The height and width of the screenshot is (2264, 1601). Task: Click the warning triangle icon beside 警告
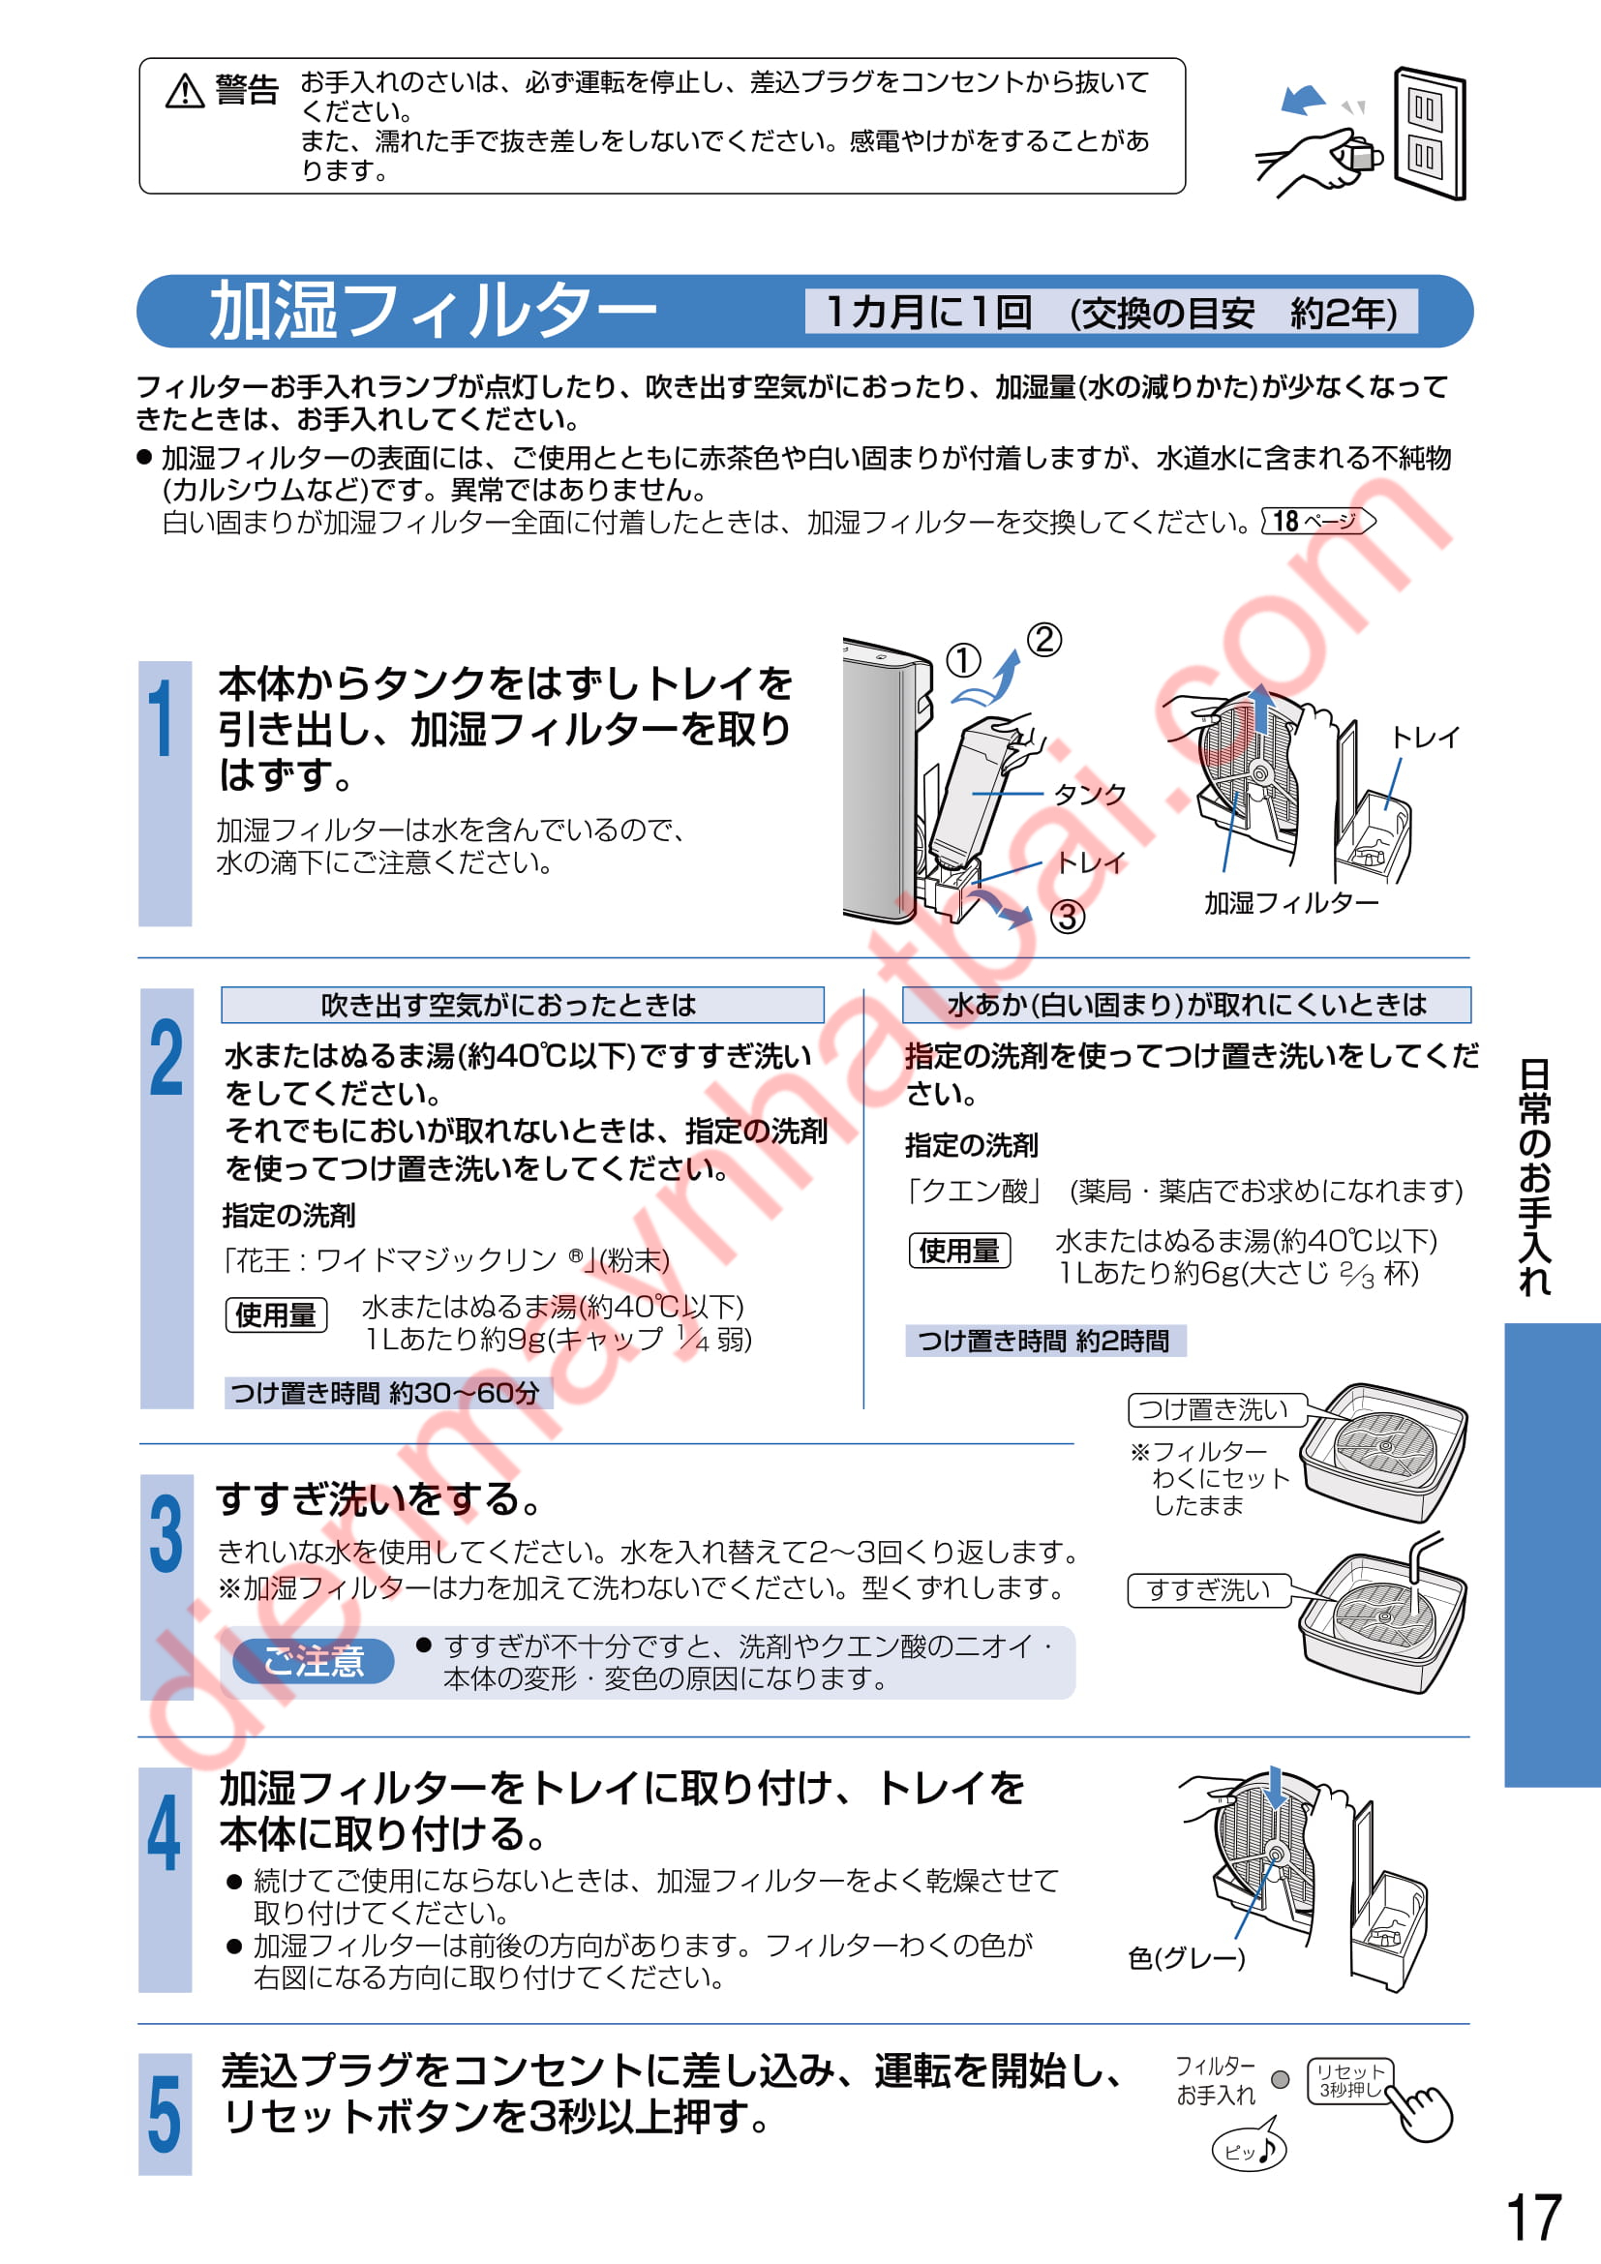click(x=184, y=91)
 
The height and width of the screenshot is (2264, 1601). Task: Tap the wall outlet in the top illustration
click(x=1430, y=134)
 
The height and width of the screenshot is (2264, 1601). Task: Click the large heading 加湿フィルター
click(x=433, y=311)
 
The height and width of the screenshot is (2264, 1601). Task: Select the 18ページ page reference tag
click(x=1318, y=521)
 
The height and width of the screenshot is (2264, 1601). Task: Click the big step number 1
click(x=162, y=719)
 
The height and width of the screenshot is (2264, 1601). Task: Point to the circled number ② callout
click(x=1044, y=640)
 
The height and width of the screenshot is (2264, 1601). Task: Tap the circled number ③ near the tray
click(x=1067, y=917)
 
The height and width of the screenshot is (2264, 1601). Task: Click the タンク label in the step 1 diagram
click(x=1089, y=794)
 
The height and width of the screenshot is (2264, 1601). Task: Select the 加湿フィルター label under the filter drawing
click(x=1290, y=902)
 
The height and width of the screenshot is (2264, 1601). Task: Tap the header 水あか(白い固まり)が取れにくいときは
click(x=1187, y=1005)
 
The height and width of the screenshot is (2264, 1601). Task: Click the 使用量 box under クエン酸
click(x=959, y=1251)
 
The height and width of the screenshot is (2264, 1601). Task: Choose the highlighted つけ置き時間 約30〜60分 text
click(x=387, y=1392)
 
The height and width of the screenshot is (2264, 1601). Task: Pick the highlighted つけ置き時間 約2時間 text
click(x=1045, y=1340)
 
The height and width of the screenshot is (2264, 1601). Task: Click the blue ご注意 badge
click(x=314, y=1661)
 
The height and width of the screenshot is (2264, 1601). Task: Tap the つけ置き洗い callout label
click(x=1215, y=1409)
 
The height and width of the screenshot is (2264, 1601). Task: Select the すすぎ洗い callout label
click(x=1210, y=1589)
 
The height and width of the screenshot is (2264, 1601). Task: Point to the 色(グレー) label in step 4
click(x=1187, y=1957)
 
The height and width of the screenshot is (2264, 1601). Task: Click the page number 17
click(x=1534, y=2218)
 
